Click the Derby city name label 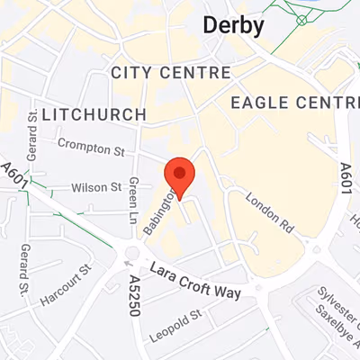click(x=232, y=24)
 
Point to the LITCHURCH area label click(x=94, y=114)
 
